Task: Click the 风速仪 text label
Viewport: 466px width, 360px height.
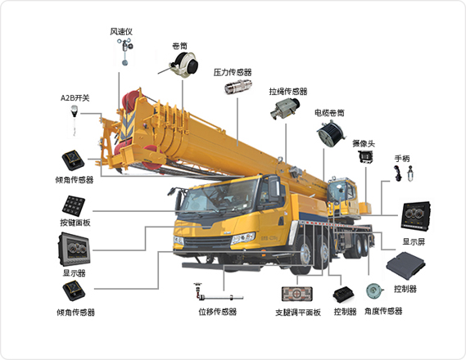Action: coord(121,31)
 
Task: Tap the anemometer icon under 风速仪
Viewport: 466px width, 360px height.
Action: coord(125,52)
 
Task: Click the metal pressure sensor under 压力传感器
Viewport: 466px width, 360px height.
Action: coord(238,87)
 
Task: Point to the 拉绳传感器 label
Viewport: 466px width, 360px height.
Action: coord(288,92)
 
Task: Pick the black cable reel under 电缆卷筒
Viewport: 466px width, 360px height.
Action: coord(331,134)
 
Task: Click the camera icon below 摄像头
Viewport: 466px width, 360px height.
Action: coord(365,157)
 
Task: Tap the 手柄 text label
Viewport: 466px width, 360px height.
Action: coord(402,159)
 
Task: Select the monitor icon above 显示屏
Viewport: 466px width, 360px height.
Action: coord(415,216)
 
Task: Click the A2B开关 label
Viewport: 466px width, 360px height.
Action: coord(75,97)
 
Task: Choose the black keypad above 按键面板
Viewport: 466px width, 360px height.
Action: coord(74,205)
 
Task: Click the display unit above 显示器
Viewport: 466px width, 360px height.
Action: coord(74,250)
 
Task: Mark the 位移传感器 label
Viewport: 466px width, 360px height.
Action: coord(218,312)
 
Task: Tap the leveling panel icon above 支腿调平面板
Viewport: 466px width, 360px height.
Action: coord(297,294)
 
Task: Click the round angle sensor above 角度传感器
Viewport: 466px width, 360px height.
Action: coord(374,291)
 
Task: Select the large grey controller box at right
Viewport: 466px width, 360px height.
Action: coord(405,265)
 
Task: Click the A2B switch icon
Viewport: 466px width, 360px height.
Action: coord(74,119)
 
